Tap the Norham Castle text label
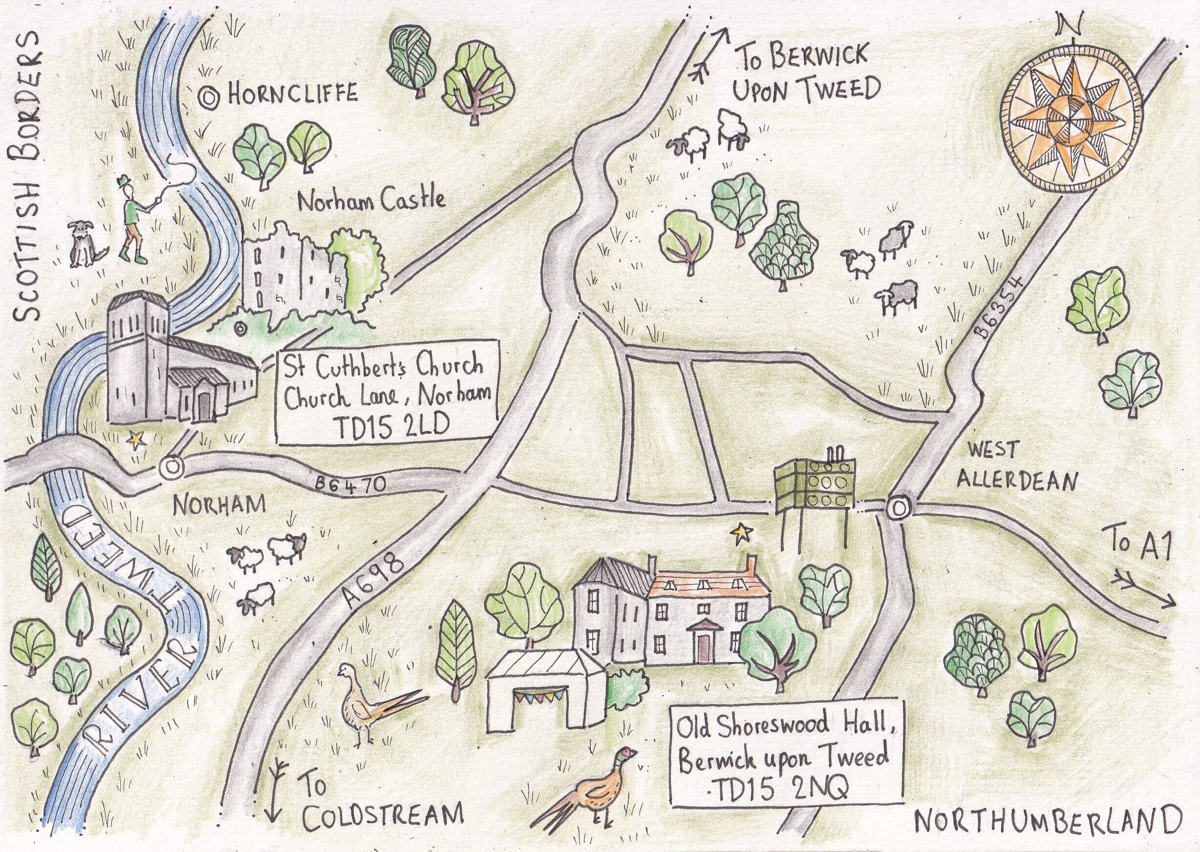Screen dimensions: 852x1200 click(371, 200)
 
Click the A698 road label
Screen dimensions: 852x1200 click(374, 580)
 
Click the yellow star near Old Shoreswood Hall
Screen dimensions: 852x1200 click(742, 534)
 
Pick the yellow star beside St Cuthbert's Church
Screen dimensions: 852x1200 click(137, 439)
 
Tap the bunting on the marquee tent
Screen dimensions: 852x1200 click(537, 698)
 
